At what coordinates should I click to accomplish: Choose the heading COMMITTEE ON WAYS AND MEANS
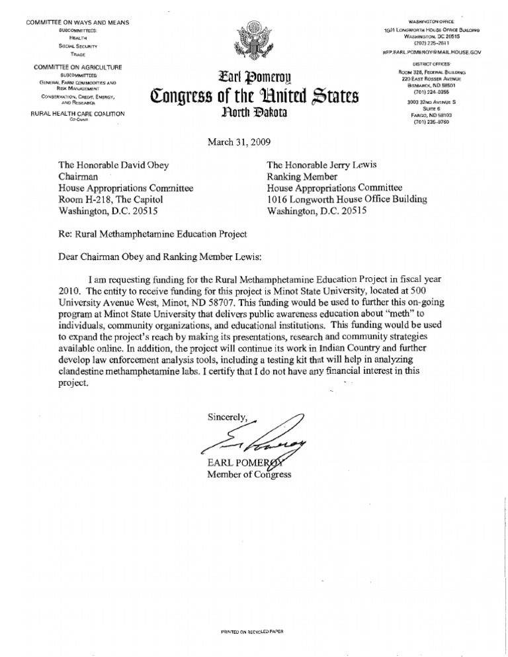77,23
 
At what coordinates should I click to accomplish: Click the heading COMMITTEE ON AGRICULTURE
77,67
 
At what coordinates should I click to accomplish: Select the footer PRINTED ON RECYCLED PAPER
252,632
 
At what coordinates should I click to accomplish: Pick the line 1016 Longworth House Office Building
347,199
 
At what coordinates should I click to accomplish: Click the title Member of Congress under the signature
249,474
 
